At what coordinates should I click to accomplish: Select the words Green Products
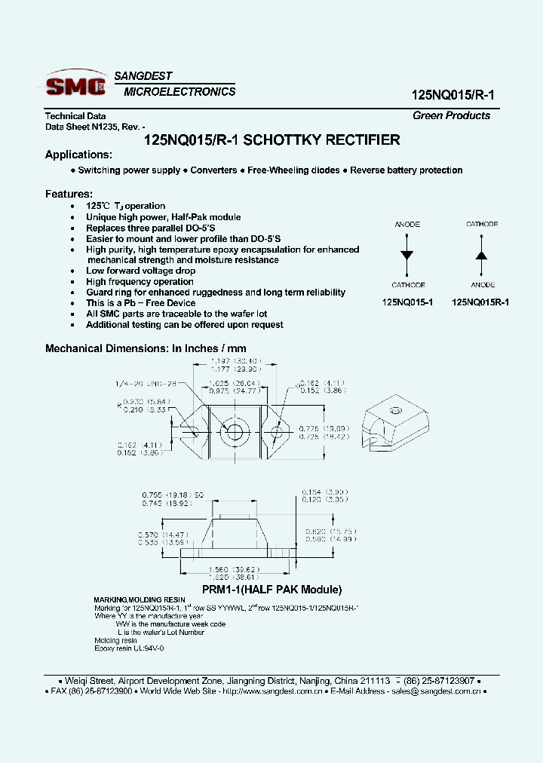tap(451, 115)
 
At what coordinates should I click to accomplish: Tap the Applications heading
tap(78, 155)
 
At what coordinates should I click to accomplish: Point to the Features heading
tap(69, 194)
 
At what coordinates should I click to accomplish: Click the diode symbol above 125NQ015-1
tap(407, 255)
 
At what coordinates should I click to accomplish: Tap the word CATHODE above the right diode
tap(482, 224)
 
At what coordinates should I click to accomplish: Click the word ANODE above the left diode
tap(407, 224)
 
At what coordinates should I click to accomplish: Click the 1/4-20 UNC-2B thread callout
tap(146, 384)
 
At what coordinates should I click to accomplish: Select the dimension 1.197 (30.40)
tap(234, 362)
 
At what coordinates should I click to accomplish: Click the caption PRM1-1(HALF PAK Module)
tap(271, 590)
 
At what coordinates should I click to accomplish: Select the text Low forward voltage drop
tap(140, 271)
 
